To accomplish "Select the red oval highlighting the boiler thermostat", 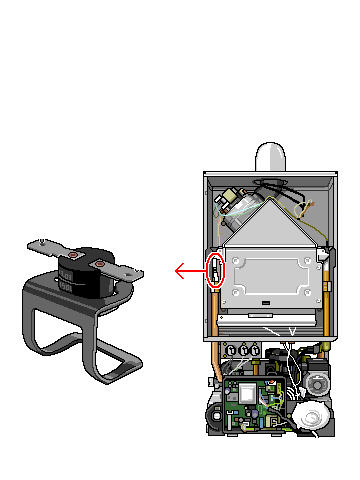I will (215, 271).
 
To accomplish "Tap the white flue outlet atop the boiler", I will (271, 157).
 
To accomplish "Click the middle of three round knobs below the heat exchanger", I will (245, 351).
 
